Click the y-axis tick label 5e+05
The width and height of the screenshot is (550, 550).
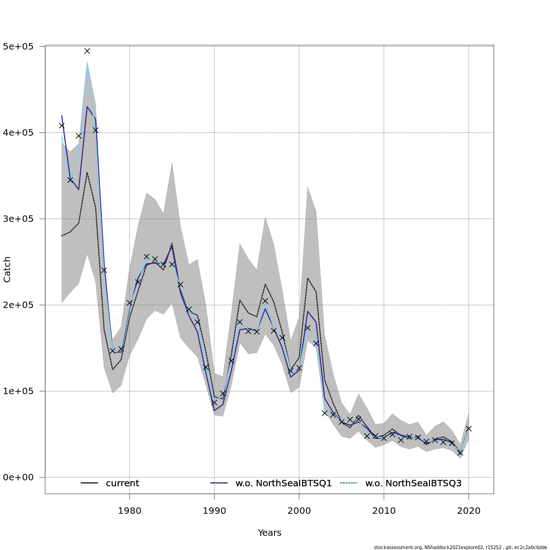tap(21, 46)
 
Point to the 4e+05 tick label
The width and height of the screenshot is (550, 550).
tap(21, 132)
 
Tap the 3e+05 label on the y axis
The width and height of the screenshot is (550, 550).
tap(21, 219)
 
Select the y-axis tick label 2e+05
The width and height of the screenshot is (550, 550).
tap(21, 305)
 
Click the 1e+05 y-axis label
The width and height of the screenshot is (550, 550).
tap(21, 391)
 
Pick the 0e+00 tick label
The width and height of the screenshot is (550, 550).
tap(21, 477)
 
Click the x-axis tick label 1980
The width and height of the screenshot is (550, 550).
tap(129, 511)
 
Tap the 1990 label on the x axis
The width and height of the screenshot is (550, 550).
tap(214, 511)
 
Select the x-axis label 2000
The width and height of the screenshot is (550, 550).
tap(299, 511)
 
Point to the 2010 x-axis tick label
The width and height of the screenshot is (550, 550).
tap(384, 511)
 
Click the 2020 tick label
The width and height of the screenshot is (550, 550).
tap(468, 511)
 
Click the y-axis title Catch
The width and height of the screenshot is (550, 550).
tap(7, 269)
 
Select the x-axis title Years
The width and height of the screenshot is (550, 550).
tap(269, 533)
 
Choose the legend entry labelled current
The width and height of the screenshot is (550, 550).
tap(122, 483)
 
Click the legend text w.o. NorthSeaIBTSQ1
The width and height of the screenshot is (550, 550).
tap(283, 483)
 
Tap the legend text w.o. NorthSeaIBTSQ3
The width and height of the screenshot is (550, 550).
tap(413, 483)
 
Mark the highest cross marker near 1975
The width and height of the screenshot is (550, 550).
tap(87, 51)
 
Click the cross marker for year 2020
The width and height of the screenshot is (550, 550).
tap(468, 429)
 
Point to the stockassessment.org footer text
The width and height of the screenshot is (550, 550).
tap(460, 547)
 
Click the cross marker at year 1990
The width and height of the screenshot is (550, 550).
tap(214, 402)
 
